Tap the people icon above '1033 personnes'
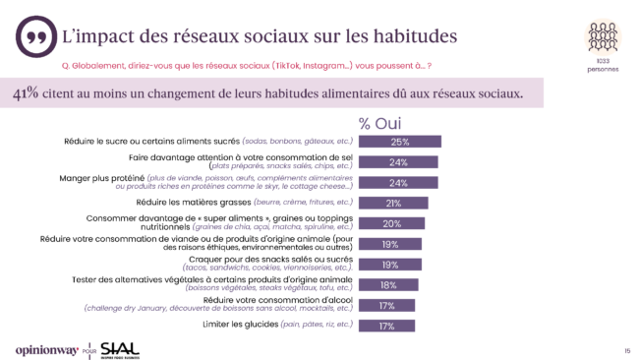pyautogui.click(x=603, y=37)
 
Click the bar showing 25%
pyautogui.click(x=399, y=142)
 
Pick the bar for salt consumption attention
pyautogui.click(x=397, y=162)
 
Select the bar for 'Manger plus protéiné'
pyautogui.click(x=397, y=183)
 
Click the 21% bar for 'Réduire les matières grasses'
pyautogui.click(x=392, y=204)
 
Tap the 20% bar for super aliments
pyautogui.click(x=391, y=224)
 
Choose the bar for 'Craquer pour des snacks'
pyautogui.click(x=389, y=265)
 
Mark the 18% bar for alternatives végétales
pyautogui.click(x=387, y=285)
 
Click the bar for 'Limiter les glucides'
pyautogui.click(x=386, y=326)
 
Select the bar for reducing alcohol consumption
pyautogui.click(x=386, y=306)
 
